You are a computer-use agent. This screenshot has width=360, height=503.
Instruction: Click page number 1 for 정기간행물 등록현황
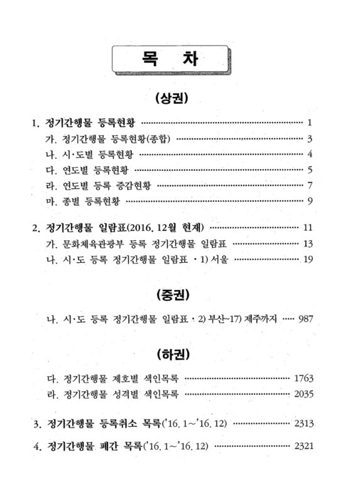coord(310,121)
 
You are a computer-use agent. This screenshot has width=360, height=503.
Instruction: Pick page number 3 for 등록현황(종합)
coord(310,138)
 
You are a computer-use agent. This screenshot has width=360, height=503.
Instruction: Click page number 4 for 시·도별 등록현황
coord(310,154)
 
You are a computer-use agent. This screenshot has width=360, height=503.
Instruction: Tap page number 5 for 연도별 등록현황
coord(310,170)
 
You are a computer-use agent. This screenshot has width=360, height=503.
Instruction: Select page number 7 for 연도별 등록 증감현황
coord(310,185)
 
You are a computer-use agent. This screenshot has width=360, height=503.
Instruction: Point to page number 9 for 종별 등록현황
coord(310,201)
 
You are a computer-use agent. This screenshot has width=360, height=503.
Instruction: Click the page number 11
coord(308,227)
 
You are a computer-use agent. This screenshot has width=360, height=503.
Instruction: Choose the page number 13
coord(308,243)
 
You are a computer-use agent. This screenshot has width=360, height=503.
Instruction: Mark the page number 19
coord(308,260)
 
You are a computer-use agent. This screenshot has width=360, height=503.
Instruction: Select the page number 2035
coord(303,395)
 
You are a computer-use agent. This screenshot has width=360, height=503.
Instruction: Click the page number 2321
coord(303,446)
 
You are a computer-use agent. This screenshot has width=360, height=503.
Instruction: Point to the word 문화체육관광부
coord(88,243)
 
